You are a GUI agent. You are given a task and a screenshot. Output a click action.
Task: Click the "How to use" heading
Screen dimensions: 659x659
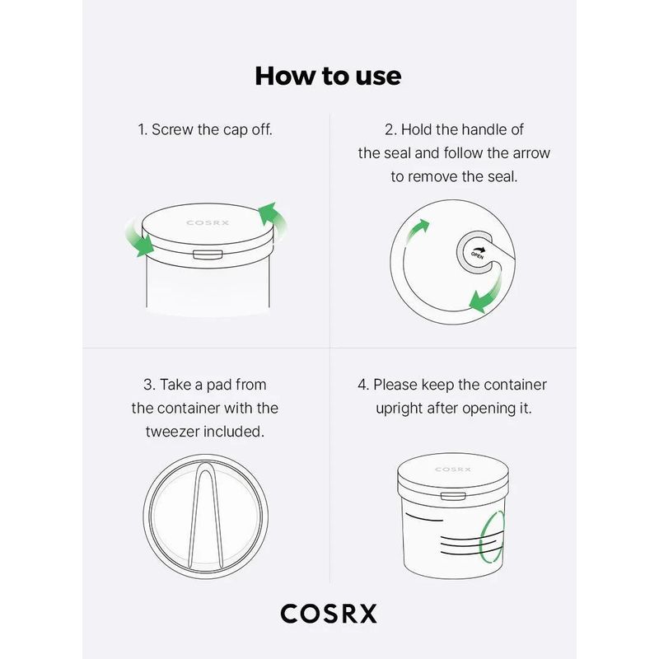(328, 76)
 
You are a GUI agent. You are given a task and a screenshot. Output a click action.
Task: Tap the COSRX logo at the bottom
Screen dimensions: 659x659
(329, 614)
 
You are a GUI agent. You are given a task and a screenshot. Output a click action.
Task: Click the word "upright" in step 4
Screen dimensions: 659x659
(400, 409)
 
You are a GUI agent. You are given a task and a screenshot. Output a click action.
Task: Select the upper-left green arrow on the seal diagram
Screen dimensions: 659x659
(417, 231)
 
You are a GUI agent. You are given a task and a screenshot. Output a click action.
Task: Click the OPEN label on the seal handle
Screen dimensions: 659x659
(478, 255)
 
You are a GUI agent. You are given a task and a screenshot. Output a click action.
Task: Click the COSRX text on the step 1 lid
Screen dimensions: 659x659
(208, 222)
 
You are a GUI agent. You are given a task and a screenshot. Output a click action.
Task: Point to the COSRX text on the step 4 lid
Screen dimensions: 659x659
(452, 469)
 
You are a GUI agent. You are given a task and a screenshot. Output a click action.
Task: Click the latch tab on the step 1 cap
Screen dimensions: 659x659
(208, 255)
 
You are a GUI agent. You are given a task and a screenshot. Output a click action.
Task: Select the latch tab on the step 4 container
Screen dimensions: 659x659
(453, 497)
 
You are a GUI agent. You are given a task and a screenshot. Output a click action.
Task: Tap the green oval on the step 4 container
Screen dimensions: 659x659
(492, 538)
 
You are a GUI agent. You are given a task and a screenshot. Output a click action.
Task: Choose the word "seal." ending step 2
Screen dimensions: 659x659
(502, 176)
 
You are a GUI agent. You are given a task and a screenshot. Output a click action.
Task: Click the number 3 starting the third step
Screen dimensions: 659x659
(147, 385)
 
